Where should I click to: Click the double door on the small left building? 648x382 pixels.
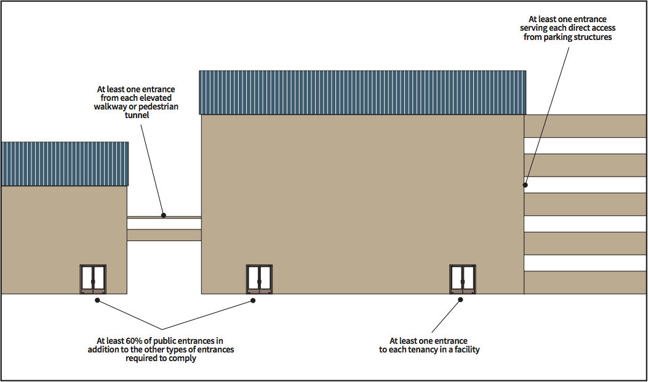coord(93,279)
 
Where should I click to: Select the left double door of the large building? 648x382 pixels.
coord(259,279)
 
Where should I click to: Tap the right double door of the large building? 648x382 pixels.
coord(463,279)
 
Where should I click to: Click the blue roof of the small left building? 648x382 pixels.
coord(65,164)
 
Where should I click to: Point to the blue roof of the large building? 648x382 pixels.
coord(362,92)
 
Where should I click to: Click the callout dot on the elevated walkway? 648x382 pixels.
coord(164,215)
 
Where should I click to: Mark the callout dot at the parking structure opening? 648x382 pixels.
coord(526,184)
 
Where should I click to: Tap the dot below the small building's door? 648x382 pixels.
coord(97,301)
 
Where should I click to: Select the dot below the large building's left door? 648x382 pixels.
coord(252,301)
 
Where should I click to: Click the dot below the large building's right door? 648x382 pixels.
coord(460,301)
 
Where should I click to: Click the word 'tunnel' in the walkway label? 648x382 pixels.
coord(135,115)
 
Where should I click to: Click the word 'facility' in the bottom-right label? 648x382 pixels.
coord(465,350)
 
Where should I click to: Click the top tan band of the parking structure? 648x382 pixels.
coord(585,125)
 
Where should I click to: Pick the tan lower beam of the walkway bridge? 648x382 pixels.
coord(164,235)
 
